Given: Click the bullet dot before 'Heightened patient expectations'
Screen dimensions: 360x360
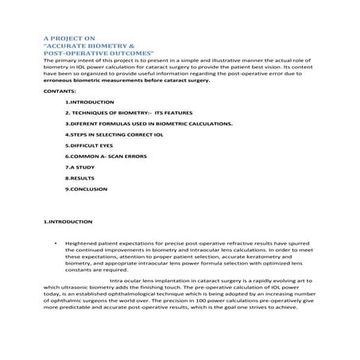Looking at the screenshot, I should pos(52,244).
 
